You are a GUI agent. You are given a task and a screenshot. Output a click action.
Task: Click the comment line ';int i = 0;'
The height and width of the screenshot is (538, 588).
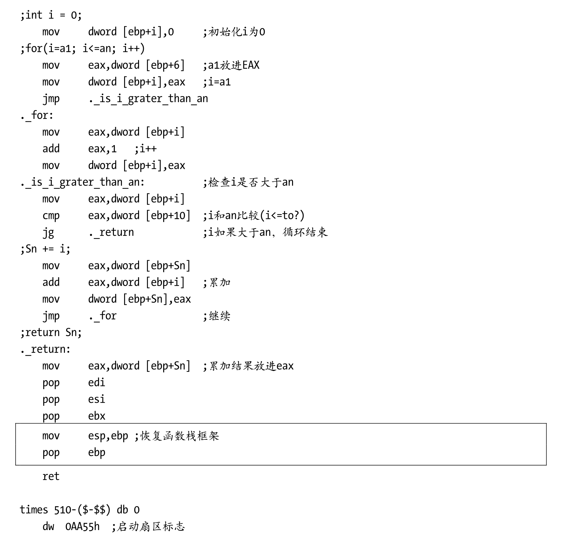(x=51, y=15)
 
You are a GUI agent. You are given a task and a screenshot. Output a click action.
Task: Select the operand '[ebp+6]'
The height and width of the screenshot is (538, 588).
(x=165, y=65)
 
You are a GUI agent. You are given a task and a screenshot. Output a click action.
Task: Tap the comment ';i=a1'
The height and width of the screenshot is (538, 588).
(x=217, y=82)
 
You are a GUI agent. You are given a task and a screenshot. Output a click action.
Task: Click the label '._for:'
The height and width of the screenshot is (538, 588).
(x=37, y=115)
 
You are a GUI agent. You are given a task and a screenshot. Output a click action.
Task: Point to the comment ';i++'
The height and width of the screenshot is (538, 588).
(x=145, y=149)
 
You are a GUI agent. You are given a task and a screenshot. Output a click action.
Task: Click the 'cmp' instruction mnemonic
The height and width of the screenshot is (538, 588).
(x=51, y=216)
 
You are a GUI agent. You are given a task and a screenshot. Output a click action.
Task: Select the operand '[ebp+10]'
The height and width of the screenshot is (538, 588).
(x=168, y=216)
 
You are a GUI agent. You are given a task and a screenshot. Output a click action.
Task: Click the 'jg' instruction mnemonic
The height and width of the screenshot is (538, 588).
(x=48, y=233)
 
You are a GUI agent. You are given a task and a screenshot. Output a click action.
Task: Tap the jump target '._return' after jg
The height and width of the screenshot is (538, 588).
(x=111, y=233)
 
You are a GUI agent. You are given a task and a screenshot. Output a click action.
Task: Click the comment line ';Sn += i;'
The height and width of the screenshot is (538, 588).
(x=45, y=249)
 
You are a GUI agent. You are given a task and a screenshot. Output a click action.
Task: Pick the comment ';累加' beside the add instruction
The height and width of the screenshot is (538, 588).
(x=217, y=283)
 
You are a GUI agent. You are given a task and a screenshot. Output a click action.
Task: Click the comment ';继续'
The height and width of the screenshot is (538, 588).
(x=217, y=316)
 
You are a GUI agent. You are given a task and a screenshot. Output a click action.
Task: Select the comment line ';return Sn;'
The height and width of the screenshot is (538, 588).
(x=51, y=332)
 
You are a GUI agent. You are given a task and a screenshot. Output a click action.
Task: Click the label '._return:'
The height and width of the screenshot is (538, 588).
(x=45, y=349)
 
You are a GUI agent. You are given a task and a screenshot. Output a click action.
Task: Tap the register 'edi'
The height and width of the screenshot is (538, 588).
(x=96, y=382)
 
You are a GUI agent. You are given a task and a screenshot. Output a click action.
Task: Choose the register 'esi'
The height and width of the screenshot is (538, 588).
(x=96, y=399)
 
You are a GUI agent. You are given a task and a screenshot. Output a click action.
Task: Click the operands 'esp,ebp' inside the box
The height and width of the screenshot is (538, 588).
(x=108, y=436)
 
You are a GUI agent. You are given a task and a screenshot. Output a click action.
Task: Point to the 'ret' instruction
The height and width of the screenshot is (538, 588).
(x=51, y=476)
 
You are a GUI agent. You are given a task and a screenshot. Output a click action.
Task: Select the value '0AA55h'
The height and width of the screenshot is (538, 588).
(x=82, y=527)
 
